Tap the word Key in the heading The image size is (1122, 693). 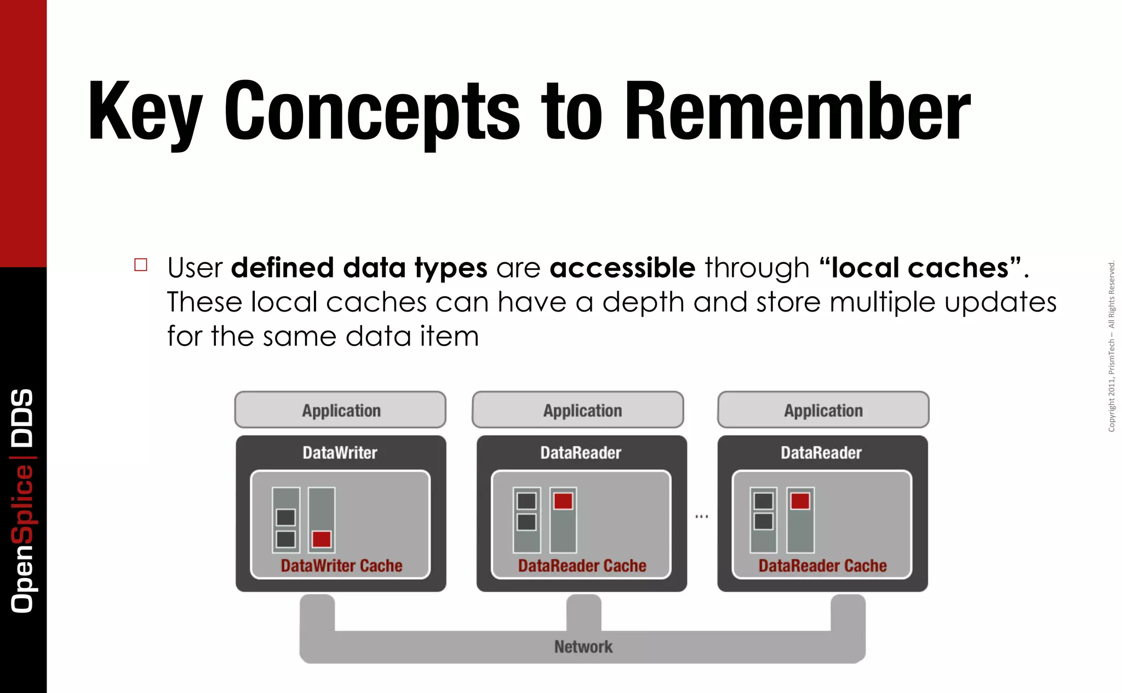pyautogui.click(x=145, y=112)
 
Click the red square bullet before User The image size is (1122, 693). pyautogui.click(x=141, y=265)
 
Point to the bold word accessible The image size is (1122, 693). pyautogui.click(x=622, y=268)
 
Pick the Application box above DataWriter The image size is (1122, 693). pyautogui.click(x=340, y=410)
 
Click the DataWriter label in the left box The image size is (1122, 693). pyautogui.click(x=340, y=453)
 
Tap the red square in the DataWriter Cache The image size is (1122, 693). pyautogui.click(x=322, y=539)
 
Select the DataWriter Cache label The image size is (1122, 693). pyautogui.click(x=341, y=565)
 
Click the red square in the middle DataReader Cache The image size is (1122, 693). pyautogui.click(x=563, y=501)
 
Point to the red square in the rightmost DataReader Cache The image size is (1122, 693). pyautogui.click(x=800, y=501)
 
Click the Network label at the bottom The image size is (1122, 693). pyautogui.click(x=583, y=647)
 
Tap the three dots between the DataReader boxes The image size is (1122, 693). pyautogui.click(x=702, y=516)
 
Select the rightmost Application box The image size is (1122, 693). pyautogui.click(x=823, y=410)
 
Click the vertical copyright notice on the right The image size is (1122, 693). pyautogui.click(x=1112, y=346)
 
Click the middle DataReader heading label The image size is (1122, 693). pyautogui.click(x=581, y=453)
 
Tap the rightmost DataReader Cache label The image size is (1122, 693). pyautogui.click(x=822, y=565)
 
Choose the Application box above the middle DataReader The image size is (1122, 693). pyautogui.click(x=582, y=410)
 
